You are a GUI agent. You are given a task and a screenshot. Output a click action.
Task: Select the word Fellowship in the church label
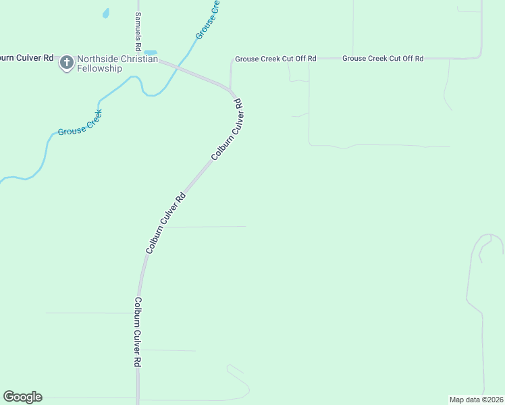click(99, 68)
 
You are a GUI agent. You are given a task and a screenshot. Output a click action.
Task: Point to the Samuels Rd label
click(138, 32)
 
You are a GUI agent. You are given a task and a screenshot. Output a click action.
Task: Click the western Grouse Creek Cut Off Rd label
click(275, 59)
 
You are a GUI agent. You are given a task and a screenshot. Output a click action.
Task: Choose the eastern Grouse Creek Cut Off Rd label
click(383, 59)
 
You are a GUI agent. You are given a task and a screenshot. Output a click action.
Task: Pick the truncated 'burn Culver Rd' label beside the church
click(27, 58)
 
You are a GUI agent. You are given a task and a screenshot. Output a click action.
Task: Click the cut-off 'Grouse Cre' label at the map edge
click(208, 20)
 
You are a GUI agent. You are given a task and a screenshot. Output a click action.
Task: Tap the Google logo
click(22, 397)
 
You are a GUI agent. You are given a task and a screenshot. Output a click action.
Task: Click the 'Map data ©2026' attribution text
click(476, 399)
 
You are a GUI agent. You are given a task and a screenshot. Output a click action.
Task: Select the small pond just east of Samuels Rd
click(151, 53)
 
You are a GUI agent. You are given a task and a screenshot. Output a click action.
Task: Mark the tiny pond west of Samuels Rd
click(105, 13)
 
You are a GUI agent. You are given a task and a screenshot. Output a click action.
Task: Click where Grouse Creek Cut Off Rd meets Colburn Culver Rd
click(231, 89)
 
